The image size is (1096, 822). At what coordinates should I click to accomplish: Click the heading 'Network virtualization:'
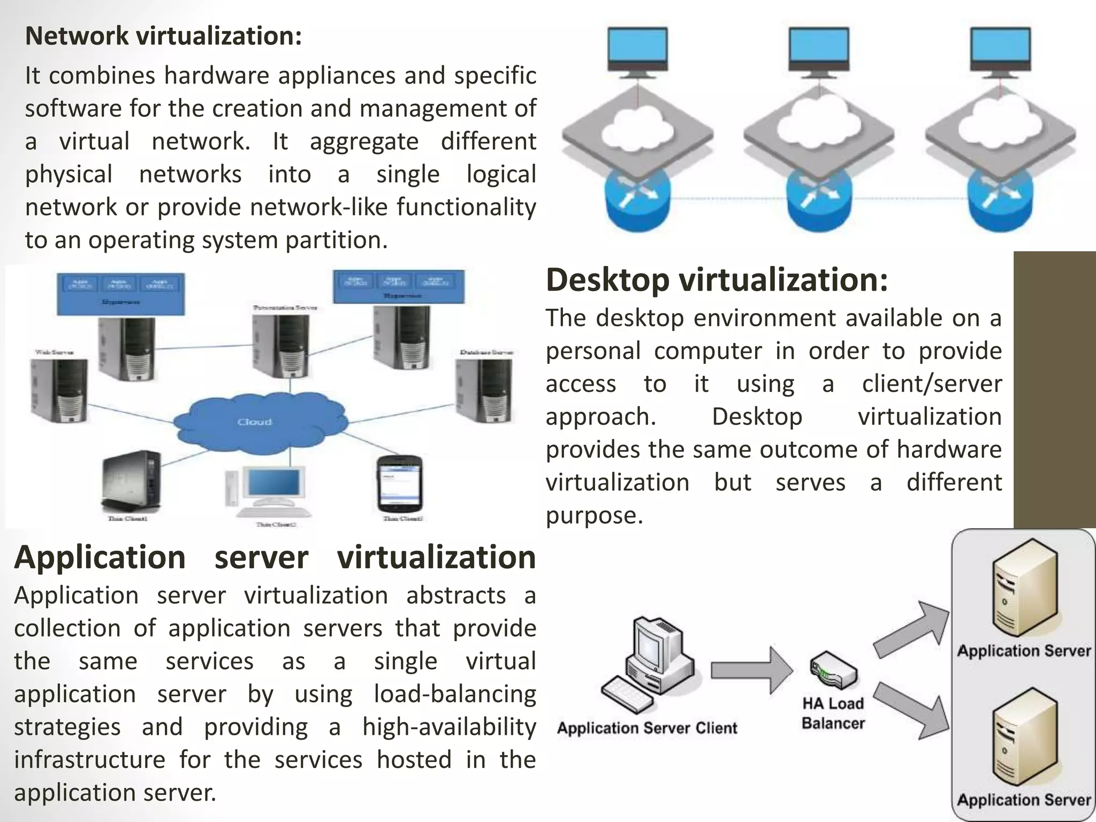click(163, 36)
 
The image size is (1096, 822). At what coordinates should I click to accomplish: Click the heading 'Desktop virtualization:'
click(717, 280)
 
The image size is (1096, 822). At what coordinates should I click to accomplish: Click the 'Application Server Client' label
click(646, 728)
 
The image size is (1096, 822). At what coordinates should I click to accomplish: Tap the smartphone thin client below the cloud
click(400, 484)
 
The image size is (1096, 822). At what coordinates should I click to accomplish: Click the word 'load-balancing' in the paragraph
click(454, 695)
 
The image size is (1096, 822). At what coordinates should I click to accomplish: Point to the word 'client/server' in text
click(931, 384)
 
